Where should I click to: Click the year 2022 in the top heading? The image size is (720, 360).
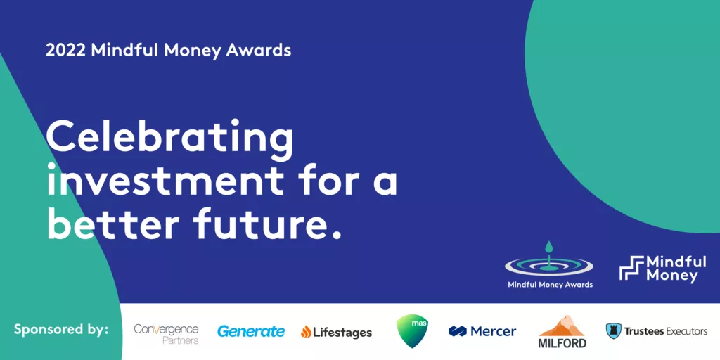click(x=65, y=51)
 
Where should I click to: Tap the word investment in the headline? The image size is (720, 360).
click(x=165, y=181)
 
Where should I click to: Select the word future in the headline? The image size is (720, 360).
click(x=267, y=224)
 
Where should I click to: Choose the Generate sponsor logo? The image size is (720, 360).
click(x=251, y=331)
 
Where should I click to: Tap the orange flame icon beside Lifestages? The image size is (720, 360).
click(x=306, y=332)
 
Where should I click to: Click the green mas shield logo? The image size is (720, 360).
click(x=412, y=330)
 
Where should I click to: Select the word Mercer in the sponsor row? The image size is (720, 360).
click(x=493, y=331)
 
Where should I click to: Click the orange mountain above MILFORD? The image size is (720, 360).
click(x=561, y=326)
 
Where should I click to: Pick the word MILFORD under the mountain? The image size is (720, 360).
click(x=562, y=342)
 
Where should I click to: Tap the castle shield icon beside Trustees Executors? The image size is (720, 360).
click(x=613, y=330)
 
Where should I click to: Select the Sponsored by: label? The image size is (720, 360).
click(x=61, y=329)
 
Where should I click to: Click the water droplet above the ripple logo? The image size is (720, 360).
click(x=548, y=248)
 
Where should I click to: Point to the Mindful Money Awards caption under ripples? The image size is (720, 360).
click(x=550, y=285)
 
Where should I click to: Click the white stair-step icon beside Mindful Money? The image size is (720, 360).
click(x=631, y=268)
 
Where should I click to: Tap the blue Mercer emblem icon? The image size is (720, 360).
click(x=457, y=331)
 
